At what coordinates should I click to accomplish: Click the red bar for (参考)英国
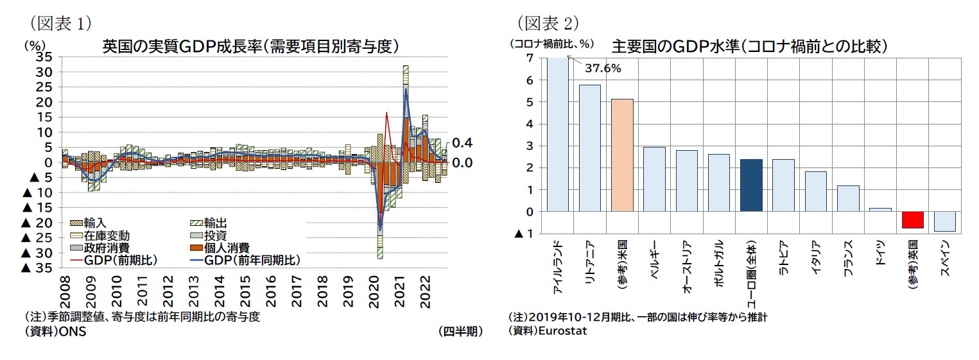click(x=912, y=219)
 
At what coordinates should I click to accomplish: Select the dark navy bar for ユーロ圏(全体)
click(x=751, y=185)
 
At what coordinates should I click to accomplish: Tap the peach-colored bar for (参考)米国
click(x=622, y=155)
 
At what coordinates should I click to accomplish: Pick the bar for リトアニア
click(x=589, y=148)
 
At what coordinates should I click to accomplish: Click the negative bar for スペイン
click(x=944, y=221)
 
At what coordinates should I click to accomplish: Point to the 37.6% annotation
click(x=602, y=69)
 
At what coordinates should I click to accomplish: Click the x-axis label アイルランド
click(x=558, y=268)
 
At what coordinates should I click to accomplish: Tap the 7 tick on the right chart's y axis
click(x=529, y=58)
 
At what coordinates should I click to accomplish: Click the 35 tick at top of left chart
click(x=44, y=57)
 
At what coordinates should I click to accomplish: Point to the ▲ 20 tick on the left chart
click(x=37, y=223)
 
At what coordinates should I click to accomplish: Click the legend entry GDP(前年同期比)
click(x=252, y=260)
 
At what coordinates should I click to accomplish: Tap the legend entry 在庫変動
click(x=107, y=236)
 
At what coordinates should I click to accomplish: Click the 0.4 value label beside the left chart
click(x=462, y=142)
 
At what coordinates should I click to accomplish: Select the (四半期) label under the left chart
click(x=460, y=331)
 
